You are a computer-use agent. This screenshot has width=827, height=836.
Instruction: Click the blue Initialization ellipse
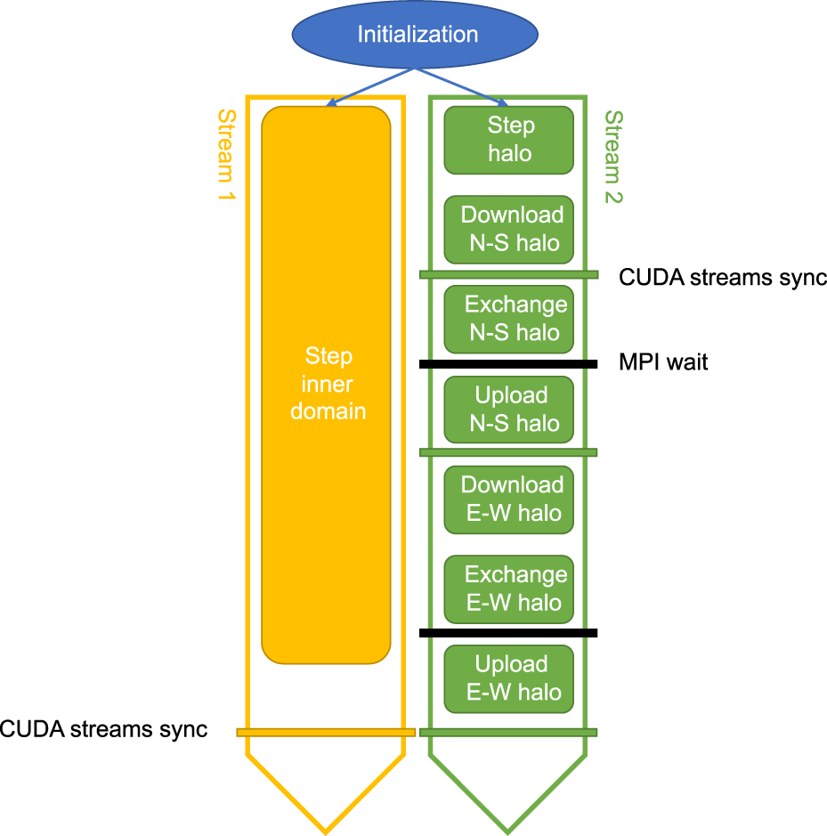point(416,35)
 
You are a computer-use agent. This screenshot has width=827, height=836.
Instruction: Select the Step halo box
point(508,140)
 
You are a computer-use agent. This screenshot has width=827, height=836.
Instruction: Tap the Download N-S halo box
point(508,229)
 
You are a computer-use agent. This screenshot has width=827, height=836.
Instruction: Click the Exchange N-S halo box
point(508,319)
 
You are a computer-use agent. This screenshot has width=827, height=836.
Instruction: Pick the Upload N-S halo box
point(508,409)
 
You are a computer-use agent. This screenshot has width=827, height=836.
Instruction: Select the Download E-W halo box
point(508,499)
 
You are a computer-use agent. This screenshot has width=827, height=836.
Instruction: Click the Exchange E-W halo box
point(508,588)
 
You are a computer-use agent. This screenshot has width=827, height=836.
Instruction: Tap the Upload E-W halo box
point(508,678)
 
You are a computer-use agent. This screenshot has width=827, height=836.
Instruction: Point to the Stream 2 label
point(612,157)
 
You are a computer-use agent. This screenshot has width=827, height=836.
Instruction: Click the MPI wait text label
point(663,362)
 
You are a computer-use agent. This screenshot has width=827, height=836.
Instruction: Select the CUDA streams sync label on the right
point(723,278)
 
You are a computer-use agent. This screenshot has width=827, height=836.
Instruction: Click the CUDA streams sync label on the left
point(103,730)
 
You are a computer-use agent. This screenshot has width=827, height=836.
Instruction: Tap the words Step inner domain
point(328,384)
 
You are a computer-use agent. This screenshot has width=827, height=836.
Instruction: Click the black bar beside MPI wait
point(508,363)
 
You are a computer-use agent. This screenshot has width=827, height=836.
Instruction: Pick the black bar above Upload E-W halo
point(508,633)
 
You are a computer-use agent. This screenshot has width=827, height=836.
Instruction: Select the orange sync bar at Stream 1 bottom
point(326,732)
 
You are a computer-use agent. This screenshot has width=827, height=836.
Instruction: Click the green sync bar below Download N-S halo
point(508,274)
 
